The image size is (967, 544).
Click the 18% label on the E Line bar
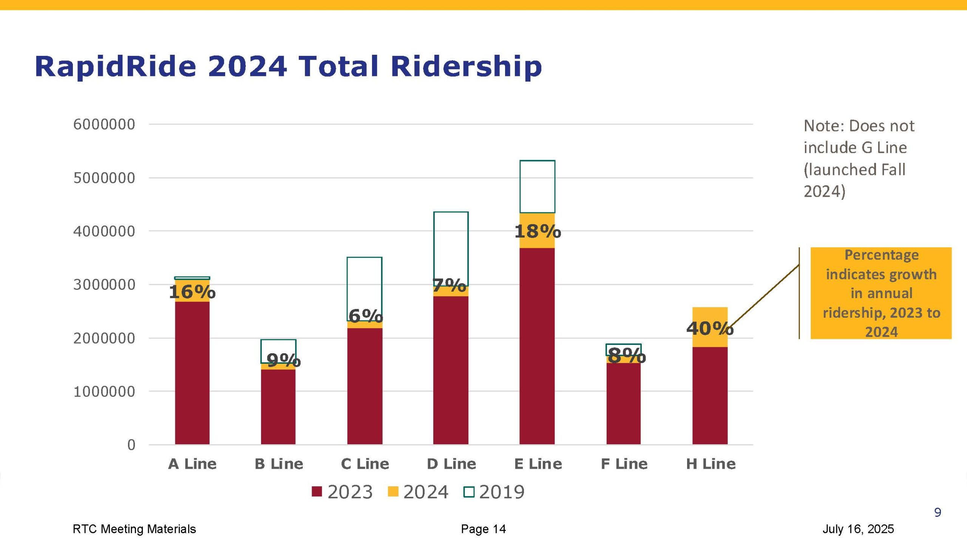coord(538,231)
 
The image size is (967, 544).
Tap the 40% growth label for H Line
coord(710,328)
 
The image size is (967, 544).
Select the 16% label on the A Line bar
coord(192,292)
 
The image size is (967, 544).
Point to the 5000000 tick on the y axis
coord(104,178)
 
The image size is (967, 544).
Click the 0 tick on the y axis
coord(131,445)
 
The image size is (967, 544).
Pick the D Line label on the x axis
coord(451,464)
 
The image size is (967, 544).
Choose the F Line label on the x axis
coord(624,464)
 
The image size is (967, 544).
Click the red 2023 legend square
coord(317,491)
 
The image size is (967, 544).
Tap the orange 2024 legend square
coord(393,491)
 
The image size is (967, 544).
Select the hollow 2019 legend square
coord(469,491)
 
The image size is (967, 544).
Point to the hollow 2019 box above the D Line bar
coord(451,246)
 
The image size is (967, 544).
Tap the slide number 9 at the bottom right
coord(938,512)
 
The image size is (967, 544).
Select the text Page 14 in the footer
coord(483,529)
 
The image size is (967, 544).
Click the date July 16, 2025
coord(858,529)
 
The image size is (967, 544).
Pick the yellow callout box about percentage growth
coord(881,293)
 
